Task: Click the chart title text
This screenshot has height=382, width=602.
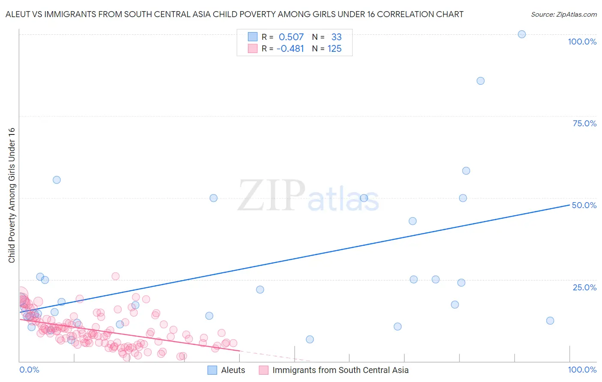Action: click(x=234, y=14)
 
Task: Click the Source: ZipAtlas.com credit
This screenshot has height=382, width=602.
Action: click(x=563, y=14)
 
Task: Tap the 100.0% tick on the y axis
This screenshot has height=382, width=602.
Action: click(x=582, y=42)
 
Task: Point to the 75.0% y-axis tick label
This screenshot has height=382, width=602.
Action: click(x=584, y=123)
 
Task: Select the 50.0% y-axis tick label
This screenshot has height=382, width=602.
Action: click(x=584, y=205)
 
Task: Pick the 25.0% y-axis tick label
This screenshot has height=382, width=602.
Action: click(x=584, y=287)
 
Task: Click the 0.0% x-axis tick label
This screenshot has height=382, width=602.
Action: click(x=29, y=370)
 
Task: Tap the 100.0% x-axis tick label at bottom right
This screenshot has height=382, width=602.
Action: click(x=582, y=370)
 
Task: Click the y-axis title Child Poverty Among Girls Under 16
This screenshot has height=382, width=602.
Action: click(x=12, y=195)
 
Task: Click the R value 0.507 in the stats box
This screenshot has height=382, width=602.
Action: click(x=291, y=37)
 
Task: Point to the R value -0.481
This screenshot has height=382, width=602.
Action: click(x=290, y=49)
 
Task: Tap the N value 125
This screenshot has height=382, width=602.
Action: click(x=334, y=49)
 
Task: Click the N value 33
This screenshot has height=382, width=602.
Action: click(x=336, y=37)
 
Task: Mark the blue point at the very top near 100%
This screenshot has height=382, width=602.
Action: click(x=522, y=34)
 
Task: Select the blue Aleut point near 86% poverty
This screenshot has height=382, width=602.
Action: click(x=480, y=81)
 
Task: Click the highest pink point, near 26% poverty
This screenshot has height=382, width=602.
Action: click(x=115, y=276)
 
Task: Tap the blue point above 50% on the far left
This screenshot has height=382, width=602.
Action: click(x=57, y=180)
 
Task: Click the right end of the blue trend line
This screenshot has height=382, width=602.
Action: click(x=569, y=205)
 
